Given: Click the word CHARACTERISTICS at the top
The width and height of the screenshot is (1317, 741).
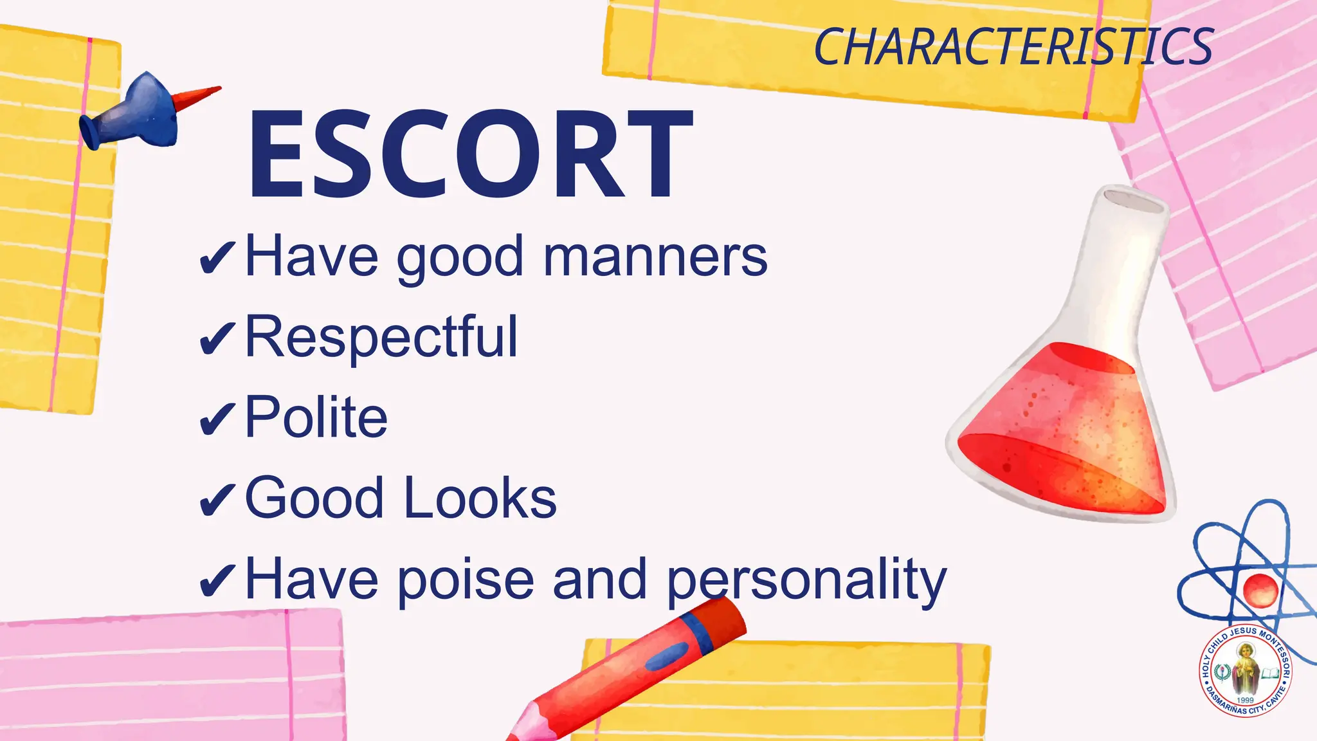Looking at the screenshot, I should click(1013, 48).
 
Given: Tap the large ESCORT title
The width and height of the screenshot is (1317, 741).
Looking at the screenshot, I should click(471, 154).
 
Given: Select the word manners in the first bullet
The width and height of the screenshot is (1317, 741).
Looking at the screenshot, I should click(655, 257).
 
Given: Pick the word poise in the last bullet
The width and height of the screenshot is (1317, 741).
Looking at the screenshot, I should click(466, 579).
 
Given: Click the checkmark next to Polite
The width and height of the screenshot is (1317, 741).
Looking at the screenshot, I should click(217, 419).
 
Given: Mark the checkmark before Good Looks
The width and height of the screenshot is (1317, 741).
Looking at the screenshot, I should click(217, 500).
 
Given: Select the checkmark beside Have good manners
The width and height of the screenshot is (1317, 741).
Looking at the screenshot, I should click(217, 259).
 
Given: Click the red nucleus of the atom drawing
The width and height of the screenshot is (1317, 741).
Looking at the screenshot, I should click(1259, 589).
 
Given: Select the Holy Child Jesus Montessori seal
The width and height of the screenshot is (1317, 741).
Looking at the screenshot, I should click(1245, 670).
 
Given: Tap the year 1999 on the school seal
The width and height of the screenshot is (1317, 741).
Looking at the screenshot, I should click(1246, 700).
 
